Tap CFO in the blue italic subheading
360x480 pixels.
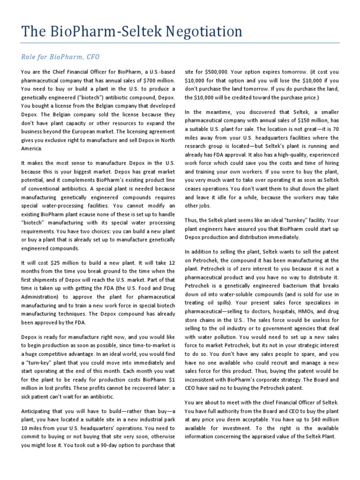click(x=92, y=57)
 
